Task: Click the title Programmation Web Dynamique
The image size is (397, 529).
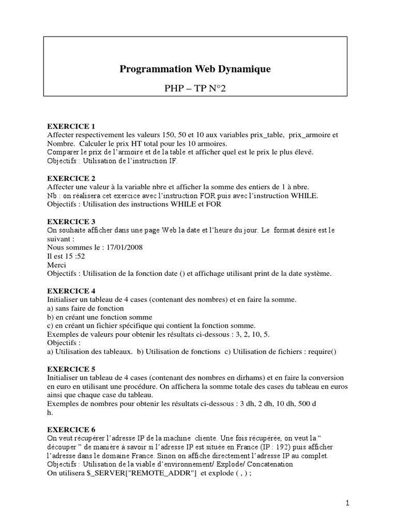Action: pyautogui.click(x=195, y=69)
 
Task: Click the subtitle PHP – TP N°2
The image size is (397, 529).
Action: pyautogui.click(x=195, y=89)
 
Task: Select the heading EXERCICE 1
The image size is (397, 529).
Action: pyautogui.click(x=71, y=127)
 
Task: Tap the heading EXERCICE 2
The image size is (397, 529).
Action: pyautogui.click(x=71, y=178)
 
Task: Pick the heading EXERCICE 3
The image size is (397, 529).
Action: pyautogui.click(x=71, y=222)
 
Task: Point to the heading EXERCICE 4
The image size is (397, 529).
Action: pyautogui.click(x=71, y=291)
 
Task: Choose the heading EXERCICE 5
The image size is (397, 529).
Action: pyautogui.click(x=71, y=369)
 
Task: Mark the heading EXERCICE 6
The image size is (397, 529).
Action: pyautogui.click(x=71, y=429)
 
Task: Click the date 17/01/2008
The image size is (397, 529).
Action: pyautogui.click(x=124, y=247)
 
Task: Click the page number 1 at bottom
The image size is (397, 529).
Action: pyautogui.click(x=348, y=503)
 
